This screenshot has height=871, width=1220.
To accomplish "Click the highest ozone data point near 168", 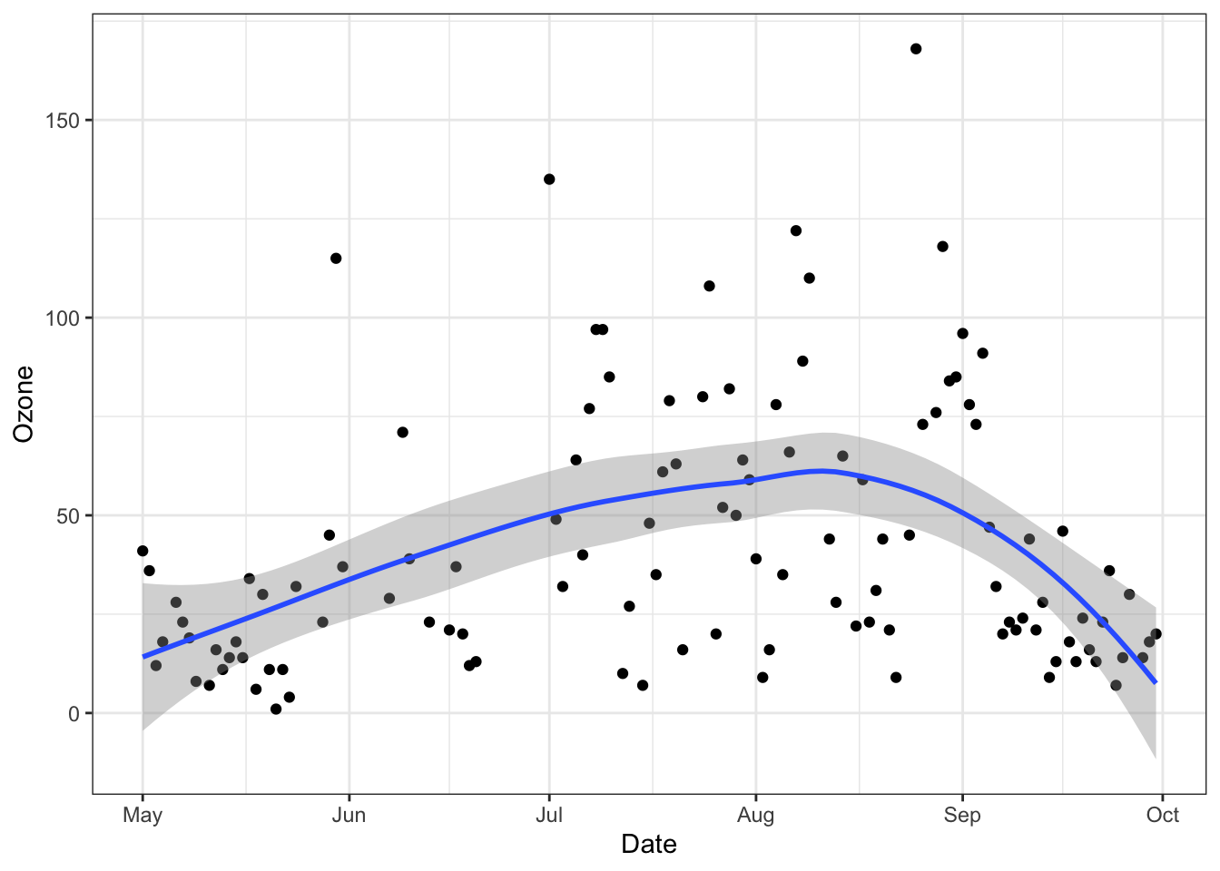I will pyautogui.click(x=916, y=49).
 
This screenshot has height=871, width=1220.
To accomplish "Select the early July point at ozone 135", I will pyautogui.click(x=549, y=180).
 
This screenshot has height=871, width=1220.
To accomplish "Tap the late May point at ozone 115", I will pyautogui.click(x=336, y=259).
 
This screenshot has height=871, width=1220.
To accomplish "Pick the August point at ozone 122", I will pyautogui.click(x=796, y=230).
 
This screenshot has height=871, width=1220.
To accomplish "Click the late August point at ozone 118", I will pyautogui.click(x=942, y=247).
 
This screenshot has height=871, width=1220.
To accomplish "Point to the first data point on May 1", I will pyautogui.click(x=143, y=551).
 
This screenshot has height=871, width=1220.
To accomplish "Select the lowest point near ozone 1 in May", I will pyautogui.click(x=276, y=710).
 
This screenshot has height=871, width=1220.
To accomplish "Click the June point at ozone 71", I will pyautogui.click(x=402, y=433).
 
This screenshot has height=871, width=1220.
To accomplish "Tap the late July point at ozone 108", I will pyautogui.click(x=709, y=286).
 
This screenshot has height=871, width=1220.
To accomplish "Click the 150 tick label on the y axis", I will pyautogui.click(x=63, y=121).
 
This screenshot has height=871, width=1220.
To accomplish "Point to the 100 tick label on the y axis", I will pyautogui.click(x=63, y=318).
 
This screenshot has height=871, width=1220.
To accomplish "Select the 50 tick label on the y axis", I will pyautogui.click(x=68, y=516).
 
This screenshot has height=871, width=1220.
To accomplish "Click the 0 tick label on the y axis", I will pyautogui.click(x=74, y=714).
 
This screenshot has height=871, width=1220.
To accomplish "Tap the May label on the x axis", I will pyautogui.click(x=143, y=815).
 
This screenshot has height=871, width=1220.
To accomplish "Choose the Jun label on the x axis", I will pyautogui.click(x=349, y=815).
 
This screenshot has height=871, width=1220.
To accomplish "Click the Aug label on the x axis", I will pyautogui.click(x=755, y=815).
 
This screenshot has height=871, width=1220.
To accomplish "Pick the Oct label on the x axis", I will pyautogui.click(x=1162, y=815).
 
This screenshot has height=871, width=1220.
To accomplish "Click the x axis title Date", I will pyautogui.click(x=649, y=845).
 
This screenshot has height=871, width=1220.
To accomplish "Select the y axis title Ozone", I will pyautogui.click(x=24, y=404).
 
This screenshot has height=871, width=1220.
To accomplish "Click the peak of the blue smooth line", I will pyautogui.click(x=821, y=471).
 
